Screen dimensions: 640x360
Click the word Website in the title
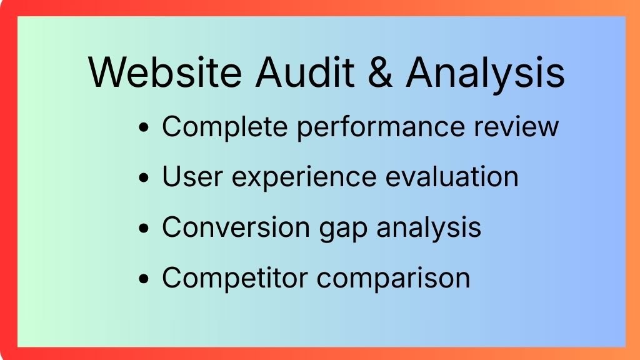coord(165,72)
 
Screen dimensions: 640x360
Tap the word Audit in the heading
coord(304,72)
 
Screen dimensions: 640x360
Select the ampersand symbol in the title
coord(380,72)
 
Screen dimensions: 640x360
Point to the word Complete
coord(225,126)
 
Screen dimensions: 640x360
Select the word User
coord(192,177)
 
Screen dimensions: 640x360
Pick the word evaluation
coord(452,177)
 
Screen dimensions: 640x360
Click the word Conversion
coord(236,227)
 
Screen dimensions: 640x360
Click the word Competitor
coord(235,278)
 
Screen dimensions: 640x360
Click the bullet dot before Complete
coord(144,127)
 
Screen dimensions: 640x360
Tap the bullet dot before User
coord(144,178)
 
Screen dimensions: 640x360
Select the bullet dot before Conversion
coord(144,228)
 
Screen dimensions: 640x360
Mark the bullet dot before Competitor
coord(144,279)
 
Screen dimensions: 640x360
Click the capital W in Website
coord(109,72)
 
